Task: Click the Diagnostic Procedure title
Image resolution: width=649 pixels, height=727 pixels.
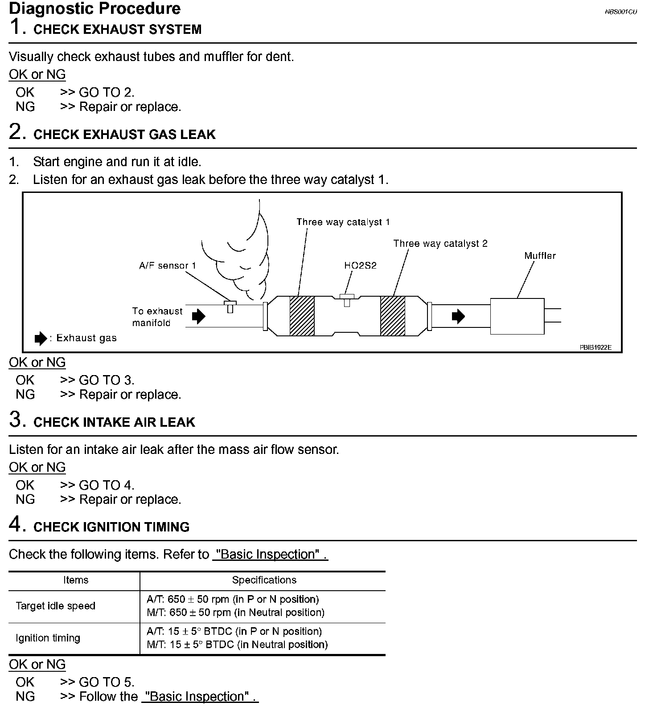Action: point(94,8)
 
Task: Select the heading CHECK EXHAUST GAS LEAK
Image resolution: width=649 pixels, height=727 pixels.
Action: point(124,135)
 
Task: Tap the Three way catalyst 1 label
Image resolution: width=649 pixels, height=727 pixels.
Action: point(343,222)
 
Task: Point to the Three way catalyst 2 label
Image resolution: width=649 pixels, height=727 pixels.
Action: point(440,243)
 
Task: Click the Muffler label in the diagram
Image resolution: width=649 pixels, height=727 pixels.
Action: point(540,256)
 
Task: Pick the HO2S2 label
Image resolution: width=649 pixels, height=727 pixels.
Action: point(360,265)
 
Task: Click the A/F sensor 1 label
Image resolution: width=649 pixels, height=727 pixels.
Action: point(167,265)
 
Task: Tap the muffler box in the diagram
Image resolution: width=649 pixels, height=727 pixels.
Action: point(517,316)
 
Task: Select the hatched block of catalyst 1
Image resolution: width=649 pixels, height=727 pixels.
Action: point(302,316)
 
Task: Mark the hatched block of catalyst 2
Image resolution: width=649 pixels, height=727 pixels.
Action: point(393,316)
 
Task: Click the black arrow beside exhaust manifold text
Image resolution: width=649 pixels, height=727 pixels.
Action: point(198,316)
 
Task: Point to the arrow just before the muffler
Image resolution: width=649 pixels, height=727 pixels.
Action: point(458,316)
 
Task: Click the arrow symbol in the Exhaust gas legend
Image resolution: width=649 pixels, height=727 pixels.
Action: point(41,339)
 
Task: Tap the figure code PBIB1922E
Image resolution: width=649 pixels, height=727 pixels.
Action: point(596,347)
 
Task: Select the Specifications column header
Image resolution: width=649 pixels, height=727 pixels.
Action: point(264,580)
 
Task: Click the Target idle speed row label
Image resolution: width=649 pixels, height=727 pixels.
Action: point(55,606)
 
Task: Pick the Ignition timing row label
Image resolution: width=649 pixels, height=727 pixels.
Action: point(48,638)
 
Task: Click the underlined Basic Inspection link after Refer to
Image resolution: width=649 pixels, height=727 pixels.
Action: point(270,555)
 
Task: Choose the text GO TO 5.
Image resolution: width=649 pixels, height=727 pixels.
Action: point(106,682)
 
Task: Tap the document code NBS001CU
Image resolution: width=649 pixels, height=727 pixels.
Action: point(620,12)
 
